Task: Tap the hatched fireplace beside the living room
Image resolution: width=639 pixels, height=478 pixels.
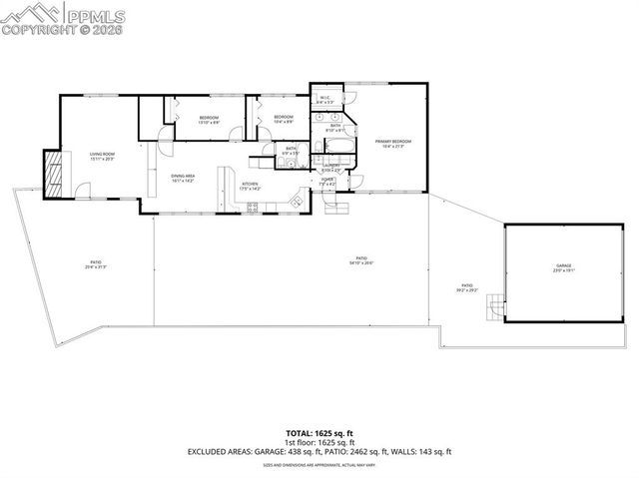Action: [53, 173]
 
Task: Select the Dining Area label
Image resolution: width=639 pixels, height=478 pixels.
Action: [182, 179]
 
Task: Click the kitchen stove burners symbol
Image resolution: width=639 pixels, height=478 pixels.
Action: [254, 207]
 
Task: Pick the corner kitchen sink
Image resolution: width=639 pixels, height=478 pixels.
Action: [297, 203]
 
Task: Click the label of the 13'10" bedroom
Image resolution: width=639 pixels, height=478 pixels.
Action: [208, 120]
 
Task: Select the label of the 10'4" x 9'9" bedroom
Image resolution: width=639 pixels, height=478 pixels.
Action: [283, 119]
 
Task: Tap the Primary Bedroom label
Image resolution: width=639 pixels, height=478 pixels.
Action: [393, 144]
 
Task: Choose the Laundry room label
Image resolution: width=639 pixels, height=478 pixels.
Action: [331, 168]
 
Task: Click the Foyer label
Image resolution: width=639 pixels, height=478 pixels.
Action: [327, 183]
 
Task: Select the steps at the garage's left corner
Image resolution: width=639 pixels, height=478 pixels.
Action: [490, 314]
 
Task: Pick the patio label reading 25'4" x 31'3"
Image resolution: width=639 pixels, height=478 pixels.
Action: [96, 266]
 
